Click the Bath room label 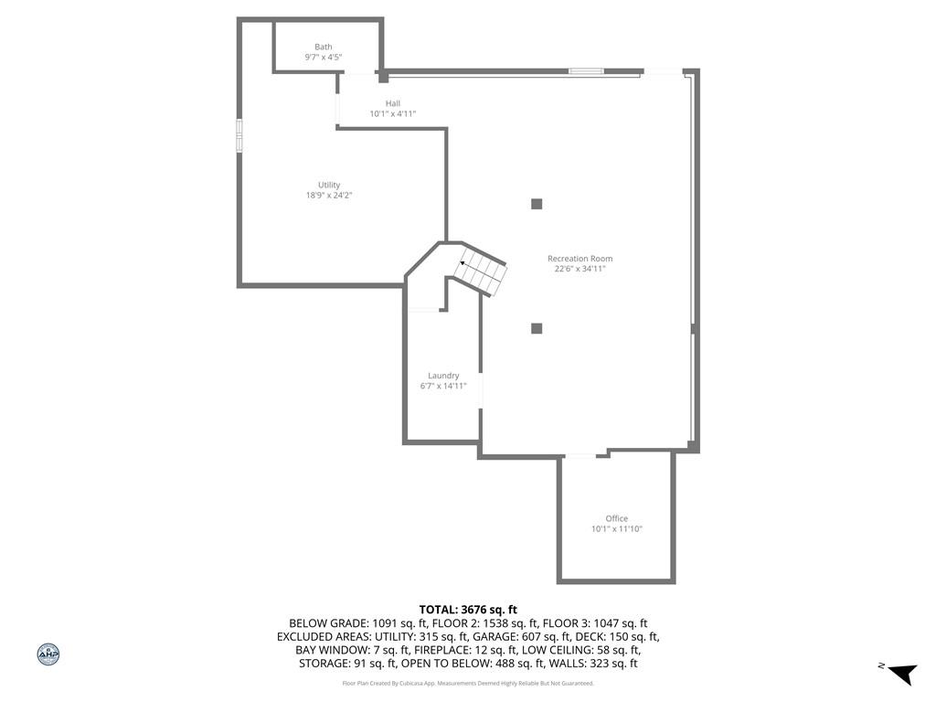click(324, 47)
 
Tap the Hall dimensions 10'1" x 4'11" click(393, 113)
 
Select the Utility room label click(329, 185)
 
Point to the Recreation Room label click(580, 259)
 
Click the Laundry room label click(443, 376)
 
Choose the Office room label click(617, 518)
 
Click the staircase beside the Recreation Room click(480, 271)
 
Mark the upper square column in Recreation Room click(537, 204)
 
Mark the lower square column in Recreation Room click(537, 328)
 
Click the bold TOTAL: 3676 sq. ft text click(468, 610)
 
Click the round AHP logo click(48, 654)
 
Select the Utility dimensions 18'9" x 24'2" click(329, 196)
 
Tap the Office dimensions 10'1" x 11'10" click(617, 528)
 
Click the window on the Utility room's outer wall click(239, 135)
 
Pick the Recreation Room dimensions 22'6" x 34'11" click(580, 269)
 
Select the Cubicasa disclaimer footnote click(468, 684)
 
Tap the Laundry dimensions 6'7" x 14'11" click(443, 386)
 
